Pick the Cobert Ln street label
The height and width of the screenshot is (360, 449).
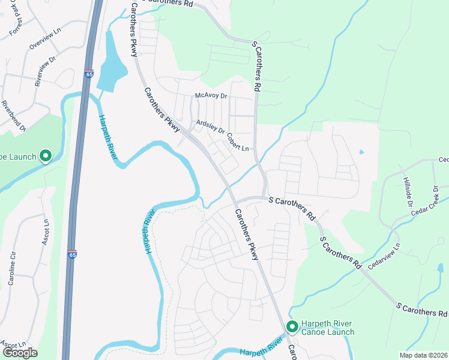click(238, 142)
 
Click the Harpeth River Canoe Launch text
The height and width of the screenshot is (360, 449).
click(328, 328)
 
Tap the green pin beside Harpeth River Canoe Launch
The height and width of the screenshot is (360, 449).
click(292, 327)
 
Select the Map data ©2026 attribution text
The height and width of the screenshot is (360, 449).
click(423, 355)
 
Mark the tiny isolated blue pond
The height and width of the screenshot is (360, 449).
click(361, 152)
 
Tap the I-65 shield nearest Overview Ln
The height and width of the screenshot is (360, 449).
click(89, 74)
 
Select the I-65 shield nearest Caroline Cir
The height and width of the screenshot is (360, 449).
click(72, 254)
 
